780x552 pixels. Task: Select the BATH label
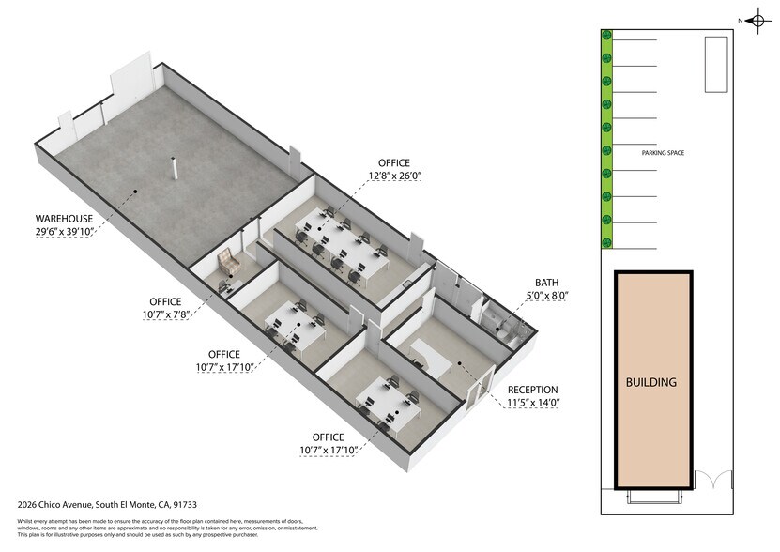point(547,283)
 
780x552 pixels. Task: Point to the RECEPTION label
point(532,390)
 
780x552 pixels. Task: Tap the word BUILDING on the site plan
point(652,382)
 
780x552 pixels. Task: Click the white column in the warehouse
point(174,170)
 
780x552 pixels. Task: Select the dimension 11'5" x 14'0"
point(532,404)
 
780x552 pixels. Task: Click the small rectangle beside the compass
point(716,64)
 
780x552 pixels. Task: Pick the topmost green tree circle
point(606,36)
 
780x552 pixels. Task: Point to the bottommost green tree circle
point(606,242)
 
